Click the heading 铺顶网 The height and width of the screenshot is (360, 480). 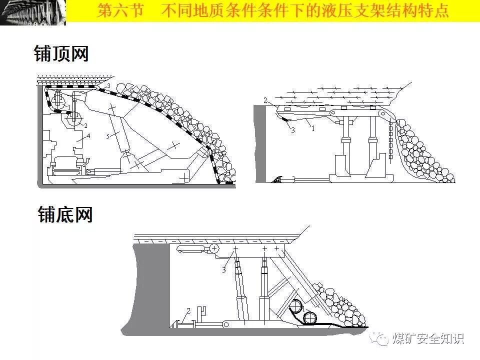tap(61, 54)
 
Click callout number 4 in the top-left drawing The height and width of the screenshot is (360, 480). tap(88, 135)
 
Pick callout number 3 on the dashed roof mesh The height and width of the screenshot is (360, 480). tap(108, 86)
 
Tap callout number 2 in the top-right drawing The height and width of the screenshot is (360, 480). tap(265, 100)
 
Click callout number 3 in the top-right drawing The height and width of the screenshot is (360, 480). tap(293, 130)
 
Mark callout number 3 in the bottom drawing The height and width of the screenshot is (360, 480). tap(224, 270)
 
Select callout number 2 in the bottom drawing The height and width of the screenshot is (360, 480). tap(188, 310)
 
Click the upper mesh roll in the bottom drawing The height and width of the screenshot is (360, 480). tap(299, 305)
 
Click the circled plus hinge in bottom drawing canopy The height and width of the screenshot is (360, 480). tap(214, 248)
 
